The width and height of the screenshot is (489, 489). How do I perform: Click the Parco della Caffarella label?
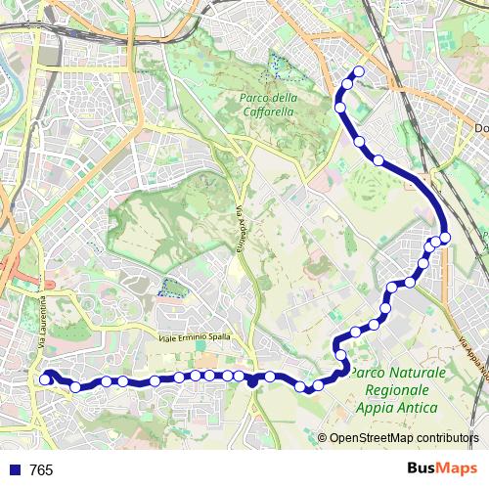pyautogui.click(x=269, y=105)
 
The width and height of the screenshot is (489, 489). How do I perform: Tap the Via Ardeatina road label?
pyautogui.click(x=238, y=231)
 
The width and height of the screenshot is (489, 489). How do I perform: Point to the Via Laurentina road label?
pyautogui.click(x=42, y=328)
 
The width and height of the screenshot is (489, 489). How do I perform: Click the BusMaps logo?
pyautogui.click(x=444, y=469)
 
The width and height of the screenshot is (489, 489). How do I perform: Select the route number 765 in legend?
pyautogui.click(x=42, y=470)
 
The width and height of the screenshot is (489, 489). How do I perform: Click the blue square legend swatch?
pyautogui.click(x=15, y=470)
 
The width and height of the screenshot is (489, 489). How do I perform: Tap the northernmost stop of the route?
pyautogui.click(x=359, y=70)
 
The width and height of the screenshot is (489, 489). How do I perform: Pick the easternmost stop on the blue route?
pyautogui.click(x=445, y=237)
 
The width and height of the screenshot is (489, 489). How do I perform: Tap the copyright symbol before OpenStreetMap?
pyautogui.click(x=322, y=438)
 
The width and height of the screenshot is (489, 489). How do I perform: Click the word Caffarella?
pyautogui.click(x=269, y=111)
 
